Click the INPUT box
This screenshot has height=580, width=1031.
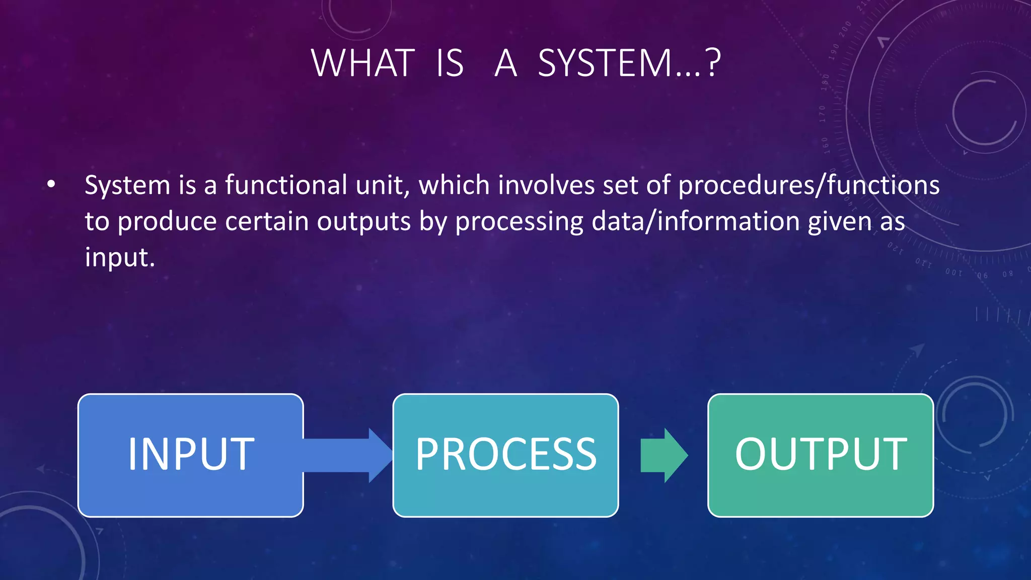click(x=190, y=455)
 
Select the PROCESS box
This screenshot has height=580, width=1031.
click(x=505, y=455)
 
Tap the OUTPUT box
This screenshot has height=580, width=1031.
click(x=821, y=455)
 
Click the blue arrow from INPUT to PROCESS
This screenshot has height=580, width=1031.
click(x=347, y=455)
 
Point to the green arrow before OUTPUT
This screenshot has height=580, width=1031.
click(x=664, y=455)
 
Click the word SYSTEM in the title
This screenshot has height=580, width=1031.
click(x=605, y=64)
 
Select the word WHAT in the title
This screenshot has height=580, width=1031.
click(x=363, y=64)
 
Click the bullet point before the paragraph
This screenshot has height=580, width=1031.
click(x=51, y=185)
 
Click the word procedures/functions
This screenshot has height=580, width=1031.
click(x=808, y=185)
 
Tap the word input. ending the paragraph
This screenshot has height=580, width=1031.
click(x=120, y=258)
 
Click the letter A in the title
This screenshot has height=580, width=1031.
click(x=506, y=64)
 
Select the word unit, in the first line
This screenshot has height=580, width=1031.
click(x=383, y=185)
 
